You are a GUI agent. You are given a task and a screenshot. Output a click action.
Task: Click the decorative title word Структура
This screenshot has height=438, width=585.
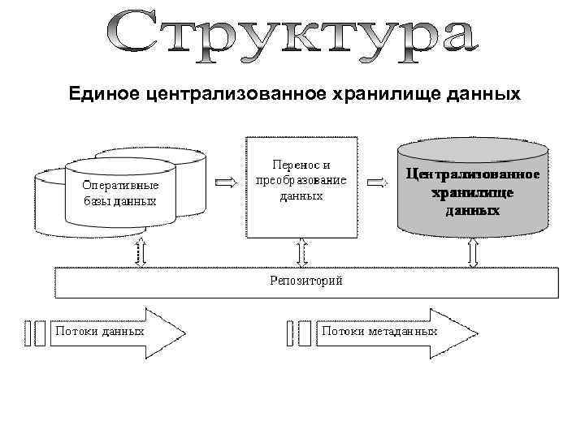click(x=292, y=36)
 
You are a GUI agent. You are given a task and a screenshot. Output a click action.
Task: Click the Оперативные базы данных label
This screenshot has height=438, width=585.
click(x=119, y=193)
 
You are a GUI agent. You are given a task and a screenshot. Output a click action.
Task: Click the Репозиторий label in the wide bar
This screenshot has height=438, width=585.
click(x=305, y=281)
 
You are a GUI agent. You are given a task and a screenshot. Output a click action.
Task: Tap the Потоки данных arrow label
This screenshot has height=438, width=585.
click(x=99, y=331)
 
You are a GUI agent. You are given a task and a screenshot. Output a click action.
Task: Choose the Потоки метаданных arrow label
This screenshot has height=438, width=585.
click(x=379, y=331)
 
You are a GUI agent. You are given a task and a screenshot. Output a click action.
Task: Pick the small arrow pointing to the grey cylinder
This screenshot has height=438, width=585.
click(x=376, y=182)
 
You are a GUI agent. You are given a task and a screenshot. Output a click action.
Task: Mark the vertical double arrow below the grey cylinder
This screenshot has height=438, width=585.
click(x=474, y=252)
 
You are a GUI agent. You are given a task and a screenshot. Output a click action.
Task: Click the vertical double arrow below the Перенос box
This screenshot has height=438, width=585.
click(x=303, y=252)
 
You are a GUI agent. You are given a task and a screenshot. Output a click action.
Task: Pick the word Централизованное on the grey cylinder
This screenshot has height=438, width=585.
click(x=472, y=175)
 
